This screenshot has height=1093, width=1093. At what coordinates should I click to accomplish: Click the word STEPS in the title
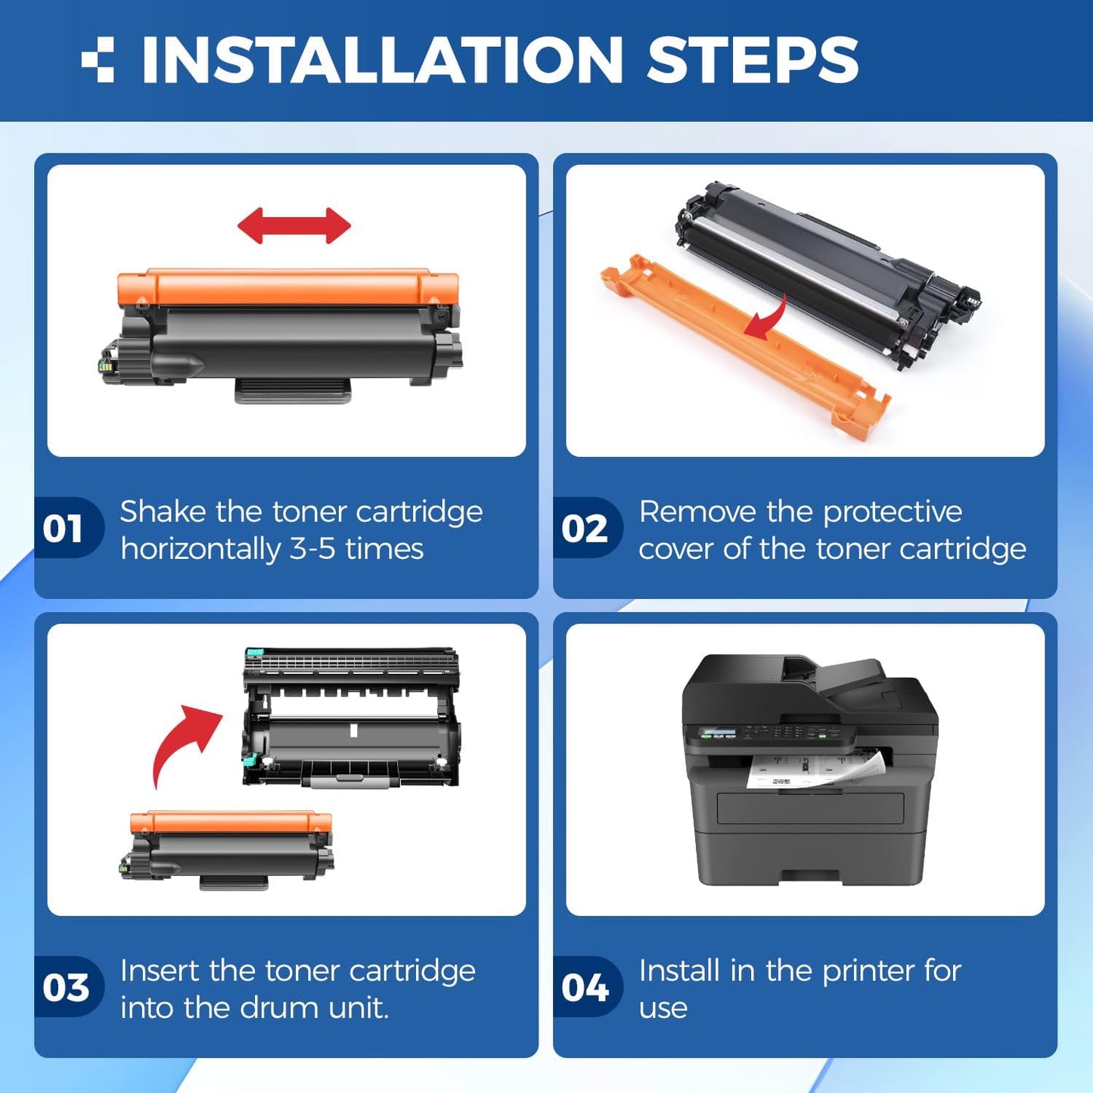click(x=753, y=61)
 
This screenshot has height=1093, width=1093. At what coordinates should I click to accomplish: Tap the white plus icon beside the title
click(x=98, y=60)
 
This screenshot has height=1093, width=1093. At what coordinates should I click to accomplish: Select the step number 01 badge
click(x=64, y=528)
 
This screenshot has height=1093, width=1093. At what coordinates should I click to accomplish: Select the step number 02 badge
click(x=585, y=528)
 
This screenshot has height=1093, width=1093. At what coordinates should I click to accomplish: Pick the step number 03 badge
click(x=66, y=987)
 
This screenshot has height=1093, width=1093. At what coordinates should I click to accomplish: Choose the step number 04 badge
click(x=585, y=987)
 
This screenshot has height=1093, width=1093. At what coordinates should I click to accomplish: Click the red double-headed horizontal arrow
click(x=293, y=225)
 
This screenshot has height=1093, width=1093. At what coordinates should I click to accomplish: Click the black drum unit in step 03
click(x=351, y=719)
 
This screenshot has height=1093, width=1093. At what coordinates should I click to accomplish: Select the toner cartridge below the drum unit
click(x=228, y=847)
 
